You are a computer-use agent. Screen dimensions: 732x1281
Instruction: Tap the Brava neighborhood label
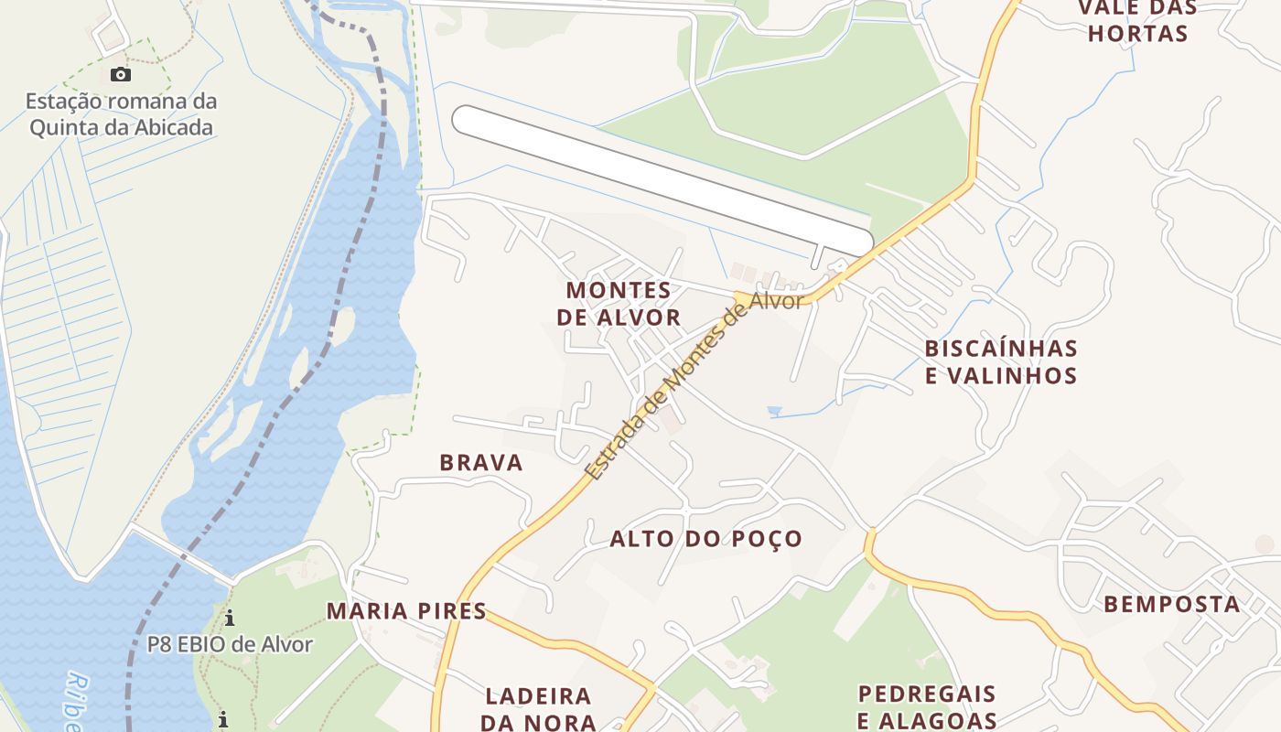point(481,463)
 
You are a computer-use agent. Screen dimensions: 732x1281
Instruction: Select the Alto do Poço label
point(705,539)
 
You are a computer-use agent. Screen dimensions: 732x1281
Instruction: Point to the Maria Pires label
point(406,611)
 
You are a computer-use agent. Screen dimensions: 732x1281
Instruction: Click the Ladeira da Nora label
point(538,709)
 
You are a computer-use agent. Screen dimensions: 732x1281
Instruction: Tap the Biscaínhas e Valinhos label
point(1000,362)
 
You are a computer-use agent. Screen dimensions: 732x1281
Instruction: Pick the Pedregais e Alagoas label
point(926,706)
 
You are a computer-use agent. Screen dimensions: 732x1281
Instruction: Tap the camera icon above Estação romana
point(121,75)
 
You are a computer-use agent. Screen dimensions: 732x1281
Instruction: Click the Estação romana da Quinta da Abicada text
point(121,114)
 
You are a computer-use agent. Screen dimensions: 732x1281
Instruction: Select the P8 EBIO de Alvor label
point(230,644)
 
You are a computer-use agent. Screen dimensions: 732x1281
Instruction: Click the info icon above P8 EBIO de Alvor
point(230,619)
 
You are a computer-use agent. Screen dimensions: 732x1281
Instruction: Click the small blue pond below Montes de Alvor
point(775,411)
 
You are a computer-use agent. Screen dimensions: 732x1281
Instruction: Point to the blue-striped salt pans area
point(64,302)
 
